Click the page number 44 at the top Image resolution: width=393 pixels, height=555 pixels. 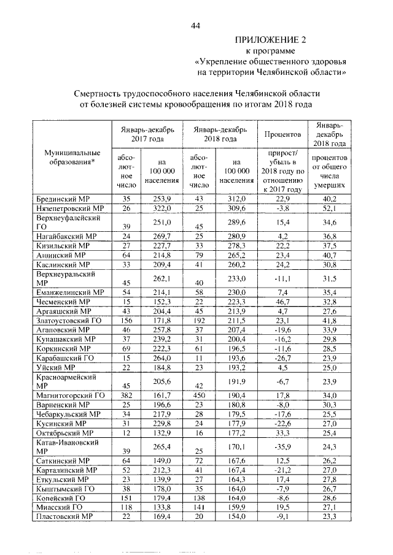coord(196,25)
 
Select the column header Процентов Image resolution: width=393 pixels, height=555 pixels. coord(282,134)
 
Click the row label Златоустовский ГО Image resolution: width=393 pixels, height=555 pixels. coord(66,321)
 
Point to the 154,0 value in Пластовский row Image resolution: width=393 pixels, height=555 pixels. coord(236,518)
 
